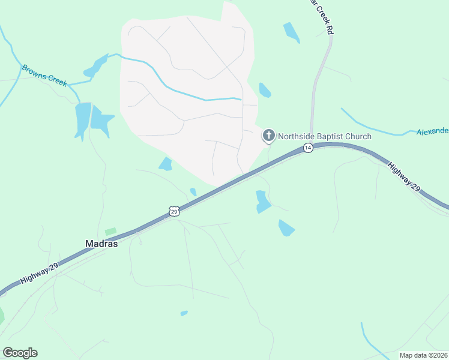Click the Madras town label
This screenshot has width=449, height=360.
click(x=101, y=244)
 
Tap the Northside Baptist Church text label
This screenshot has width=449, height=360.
click(x=324, y=136)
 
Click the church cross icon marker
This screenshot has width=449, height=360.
click(x=268, y=136)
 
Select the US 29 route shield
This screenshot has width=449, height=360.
click(x=174, y=211)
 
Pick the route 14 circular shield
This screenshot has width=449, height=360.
click(x=307, y=148)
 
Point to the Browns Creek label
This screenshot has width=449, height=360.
click(x=44, y=75)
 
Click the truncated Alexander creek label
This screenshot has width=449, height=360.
click(x=432, y=131)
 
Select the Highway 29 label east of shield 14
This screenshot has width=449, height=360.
click(x=404, y=176)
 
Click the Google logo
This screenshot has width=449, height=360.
click(x=20, y=353)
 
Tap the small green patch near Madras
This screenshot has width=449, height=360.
click(x=110, y=232)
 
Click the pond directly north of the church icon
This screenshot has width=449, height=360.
click(x=264, y=90)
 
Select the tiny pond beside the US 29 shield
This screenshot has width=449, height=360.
click(x=193, y=192)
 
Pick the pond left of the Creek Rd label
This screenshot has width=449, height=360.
click(x=291, y=32)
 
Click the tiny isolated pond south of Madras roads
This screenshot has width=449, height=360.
click(x=184, y=313)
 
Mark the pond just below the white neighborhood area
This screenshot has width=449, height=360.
click(x=166, y=163)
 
